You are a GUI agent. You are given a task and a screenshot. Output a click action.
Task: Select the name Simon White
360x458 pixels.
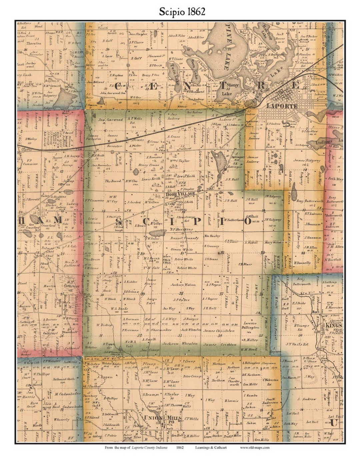tap(182, 249)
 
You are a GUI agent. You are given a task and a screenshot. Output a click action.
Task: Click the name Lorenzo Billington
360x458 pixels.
tap(251, 325)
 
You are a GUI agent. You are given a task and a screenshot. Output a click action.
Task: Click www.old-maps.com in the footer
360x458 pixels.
tap(255, 447)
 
